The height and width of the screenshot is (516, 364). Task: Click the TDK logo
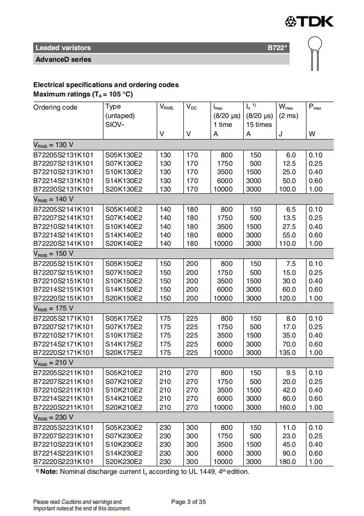click(309, 21)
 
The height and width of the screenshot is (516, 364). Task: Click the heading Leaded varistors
click(63, 48)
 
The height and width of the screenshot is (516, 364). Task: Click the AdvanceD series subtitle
click(64, 59)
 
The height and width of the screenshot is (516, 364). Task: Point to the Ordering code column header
click(55, 107)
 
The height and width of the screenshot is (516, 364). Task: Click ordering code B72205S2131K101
click(63, 155)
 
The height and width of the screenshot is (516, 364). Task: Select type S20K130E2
click(124, 189)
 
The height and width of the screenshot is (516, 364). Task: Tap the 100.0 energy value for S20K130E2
click(287, 189)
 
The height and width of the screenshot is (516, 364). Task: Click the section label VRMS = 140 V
click(53, 199)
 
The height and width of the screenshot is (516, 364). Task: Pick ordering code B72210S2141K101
click(63, 227)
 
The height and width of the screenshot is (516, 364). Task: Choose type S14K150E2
click(124, 289)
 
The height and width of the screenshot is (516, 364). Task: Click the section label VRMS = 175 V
click(53, 309)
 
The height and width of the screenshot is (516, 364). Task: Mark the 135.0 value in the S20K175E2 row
click(287, 353)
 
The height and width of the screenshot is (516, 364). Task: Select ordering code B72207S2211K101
click(63, 382)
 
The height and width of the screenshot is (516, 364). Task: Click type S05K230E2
click(124, 428)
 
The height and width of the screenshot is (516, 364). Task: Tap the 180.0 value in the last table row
click(287, 462)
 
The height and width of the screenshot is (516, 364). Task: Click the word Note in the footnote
click(49, 472)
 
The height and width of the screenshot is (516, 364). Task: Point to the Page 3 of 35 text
click(189, 502)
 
